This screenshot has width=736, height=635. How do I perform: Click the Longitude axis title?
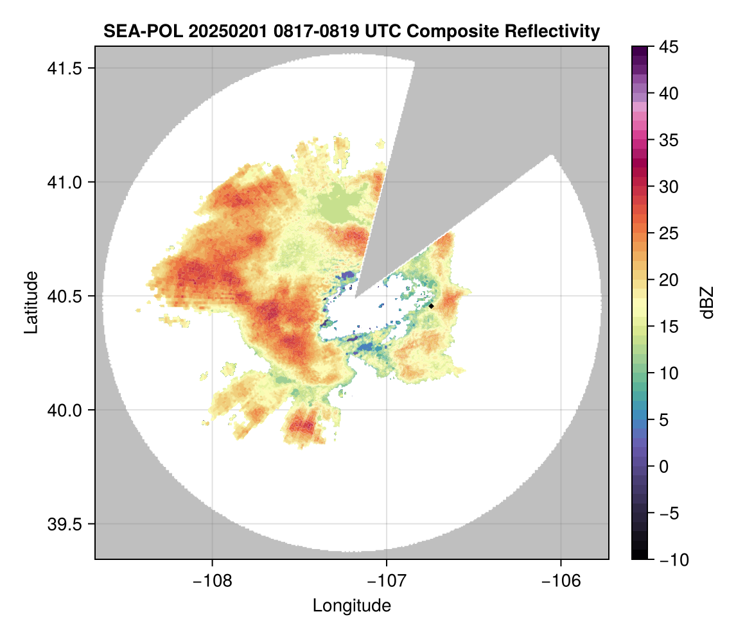(351, 605)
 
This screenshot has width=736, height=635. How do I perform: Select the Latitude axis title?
(31, 302)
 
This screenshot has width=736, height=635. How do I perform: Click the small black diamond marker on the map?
(432, 306)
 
